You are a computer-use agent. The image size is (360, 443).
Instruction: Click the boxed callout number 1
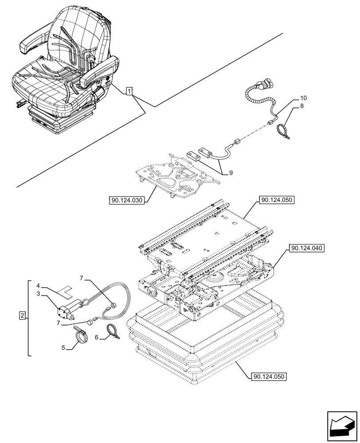(x=129, y=92)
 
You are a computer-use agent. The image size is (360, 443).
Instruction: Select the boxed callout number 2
(x=22, y=316)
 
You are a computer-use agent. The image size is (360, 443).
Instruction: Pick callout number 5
(x=64, y=348)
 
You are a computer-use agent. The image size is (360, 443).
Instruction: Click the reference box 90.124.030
(x=126, y=201)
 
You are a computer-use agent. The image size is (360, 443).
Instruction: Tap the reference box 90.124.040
(x=307, y=249)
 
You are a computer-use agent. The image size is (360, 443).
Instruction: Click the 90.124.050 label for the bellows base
(x=268, y=377)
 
